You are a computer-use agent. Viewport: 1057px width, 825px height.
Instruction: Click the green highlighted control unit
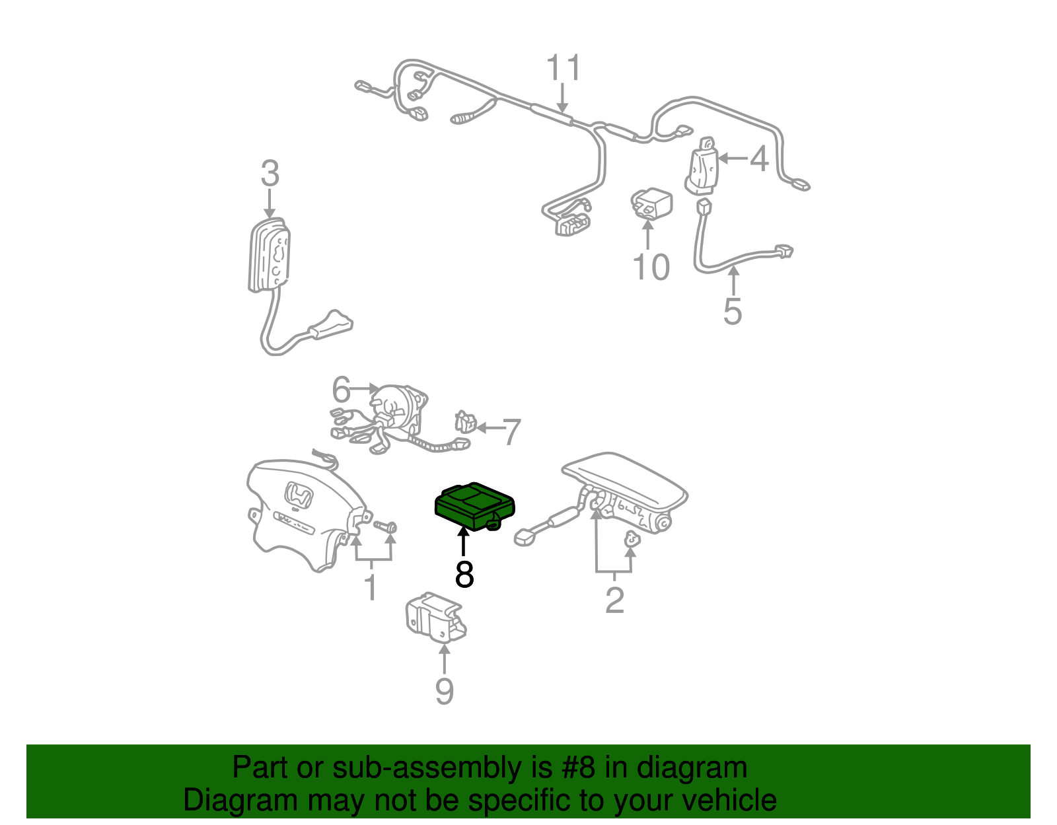[475, 507]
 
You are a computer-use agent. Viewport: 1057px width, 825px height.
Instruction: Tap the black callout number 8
[464, 574]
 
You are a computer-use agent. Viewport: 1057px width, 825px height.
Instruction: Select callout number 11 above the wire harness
[564, 67]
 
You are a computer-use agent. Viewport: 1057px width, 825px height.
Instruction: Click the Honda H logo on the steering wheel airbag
[298, 496]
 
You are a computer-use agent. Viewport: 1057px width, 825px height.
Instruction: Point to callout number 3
[270, 174]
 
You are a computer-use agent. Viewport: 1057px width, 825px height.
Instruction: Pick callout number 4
[759, 159]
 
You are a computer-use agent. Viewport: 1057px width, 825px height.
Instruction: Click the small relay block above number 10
[651, 203]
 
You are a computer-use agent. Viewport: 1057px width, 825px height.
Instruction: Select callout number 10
[651, 268]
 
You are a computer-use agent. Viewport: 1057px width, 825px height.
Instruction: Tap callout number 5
[733, 311]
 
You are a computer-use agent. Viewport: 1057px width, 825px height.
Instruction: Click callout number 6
[341, 389]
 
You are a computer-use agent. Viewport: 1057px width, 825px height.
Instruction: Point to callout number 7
[511, 432]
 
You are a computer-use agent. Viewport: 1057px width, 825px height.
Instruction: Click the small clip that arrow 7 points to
[465, 422]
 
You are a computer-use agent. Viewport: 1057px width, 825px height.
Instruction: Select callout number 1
[371, 587]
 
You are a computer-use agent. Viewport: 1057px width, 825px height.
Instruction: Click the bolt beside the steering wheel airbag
[385, 526]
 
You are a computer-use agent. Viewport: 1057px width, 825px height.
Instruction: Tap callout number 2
[614, 601]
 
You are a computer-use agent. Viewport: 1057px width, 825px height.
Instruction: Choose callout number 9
[444, 691]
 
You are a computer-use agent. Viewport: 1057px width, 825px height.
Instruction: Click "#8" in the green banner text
[577, 767]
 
